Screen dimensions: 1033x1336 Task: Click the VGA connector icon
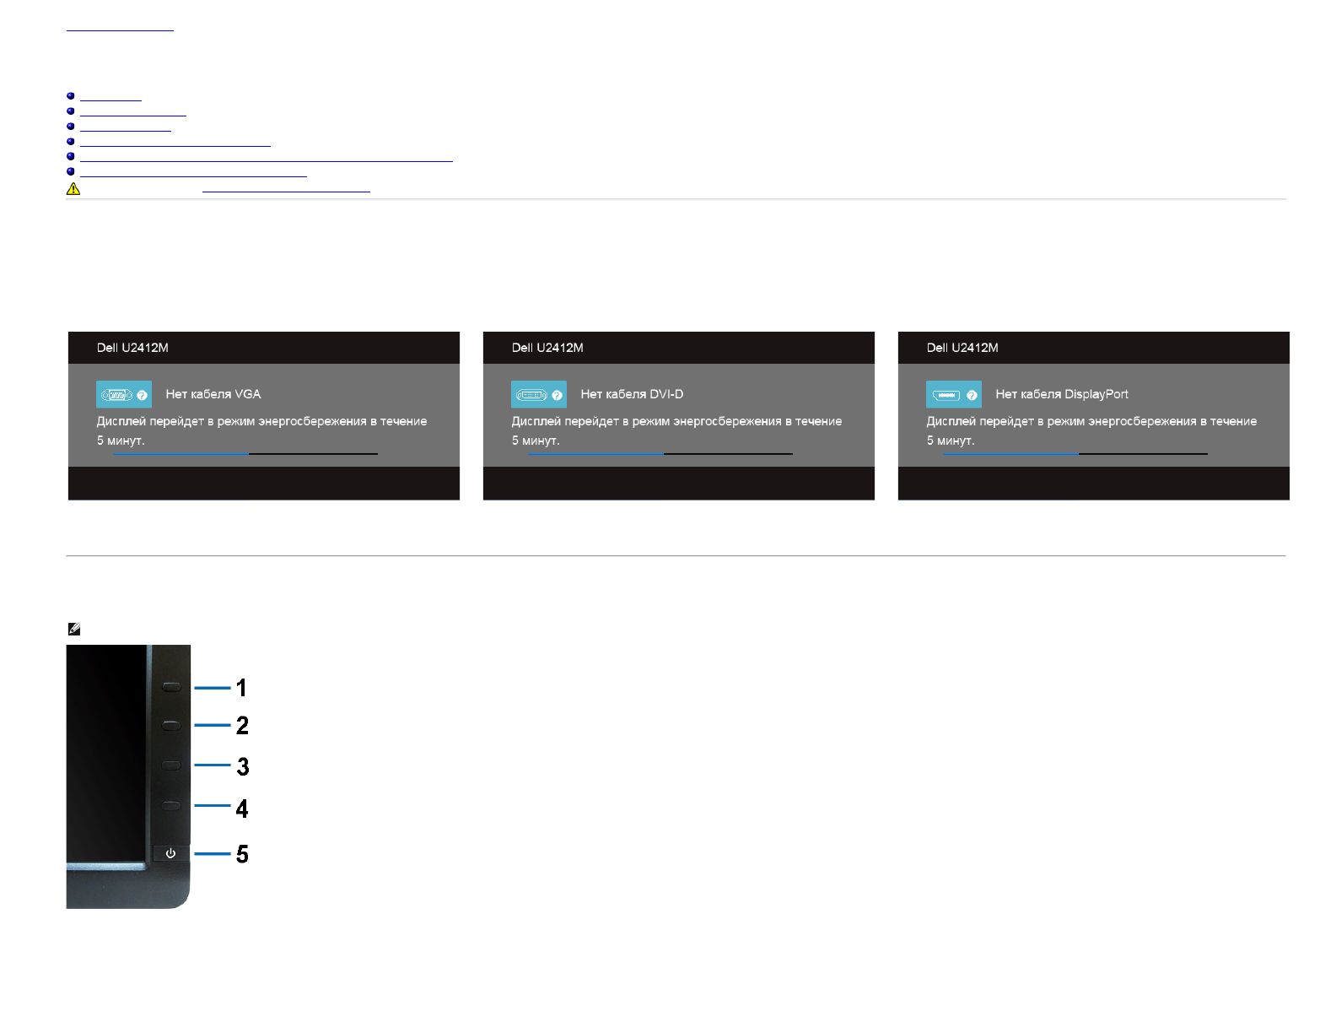(x=117, y=395)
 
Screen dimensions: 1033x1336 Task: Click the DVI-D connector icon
(x=532, y=395)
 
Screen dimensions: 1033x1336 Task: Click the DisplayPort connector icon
(x=946, y=395)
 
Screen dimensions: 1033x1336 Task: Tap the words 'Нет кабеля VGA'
(x=213, y=394)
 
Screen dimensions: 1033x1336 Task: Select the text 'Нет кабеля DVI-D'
(x=632, y=394)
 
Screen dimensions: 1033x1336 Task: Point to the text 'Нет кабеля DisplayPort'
(x=1061, y=394)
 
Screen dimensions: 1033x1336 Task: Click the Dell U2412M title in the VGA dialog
(x=132, y=348)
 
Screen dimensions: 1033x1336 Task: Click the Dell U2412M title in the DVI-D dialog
(x=547, y=348)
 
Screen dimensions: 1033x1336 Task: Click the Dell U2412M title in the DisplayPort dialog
(x=962, y=348)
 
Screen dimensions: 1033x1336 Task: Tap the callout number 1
(x=242, y=688)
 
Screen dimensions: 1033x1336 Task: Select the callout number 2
(x=242, y=725)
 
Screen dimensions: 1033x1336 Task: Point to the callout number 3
(x=243, y=766)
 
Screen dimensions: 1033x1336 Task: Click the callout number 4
(x=242, y=809)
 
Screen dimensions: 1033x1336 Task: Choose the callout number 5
(x=242, y=854)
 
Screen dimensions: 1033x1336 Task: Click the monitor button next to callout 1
(x=171, y=687)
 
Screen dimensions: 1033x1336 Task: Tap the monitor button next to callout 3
(x=171, y=765)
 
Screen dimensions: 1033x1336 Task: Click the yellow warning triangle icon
(x=73, y=189)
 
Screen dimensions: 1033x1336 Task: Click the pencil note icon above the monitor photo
(x=74, y=629)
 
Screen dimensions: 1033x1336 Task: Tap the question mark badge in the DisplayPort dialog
(x=972, y=395)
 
